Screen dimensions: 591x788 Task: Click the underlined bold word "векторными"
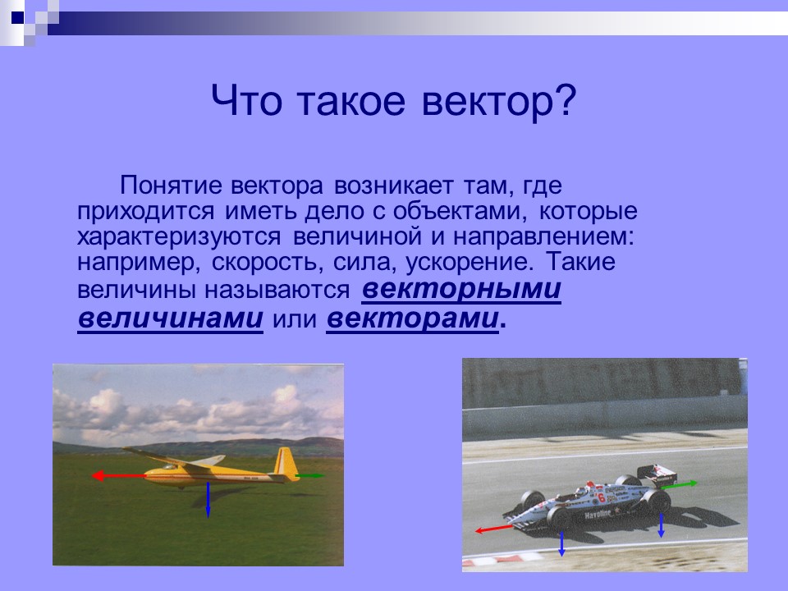460,291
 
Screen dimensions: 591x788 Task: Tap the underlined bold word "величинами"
171,318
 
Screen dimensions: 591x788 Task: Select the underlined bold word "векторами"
413,318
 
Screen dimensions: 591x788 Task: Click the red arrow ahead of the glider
117,475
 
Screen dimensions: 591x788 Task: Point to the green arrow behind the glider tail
311,475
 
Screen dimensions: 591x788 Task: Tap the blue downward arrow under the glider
208,500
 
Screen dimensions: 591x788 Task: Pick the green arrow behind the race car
680,484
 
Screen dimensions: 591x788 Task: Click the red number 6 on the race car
601,497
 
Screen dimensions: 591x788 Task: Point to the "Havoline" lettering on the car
598,513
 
